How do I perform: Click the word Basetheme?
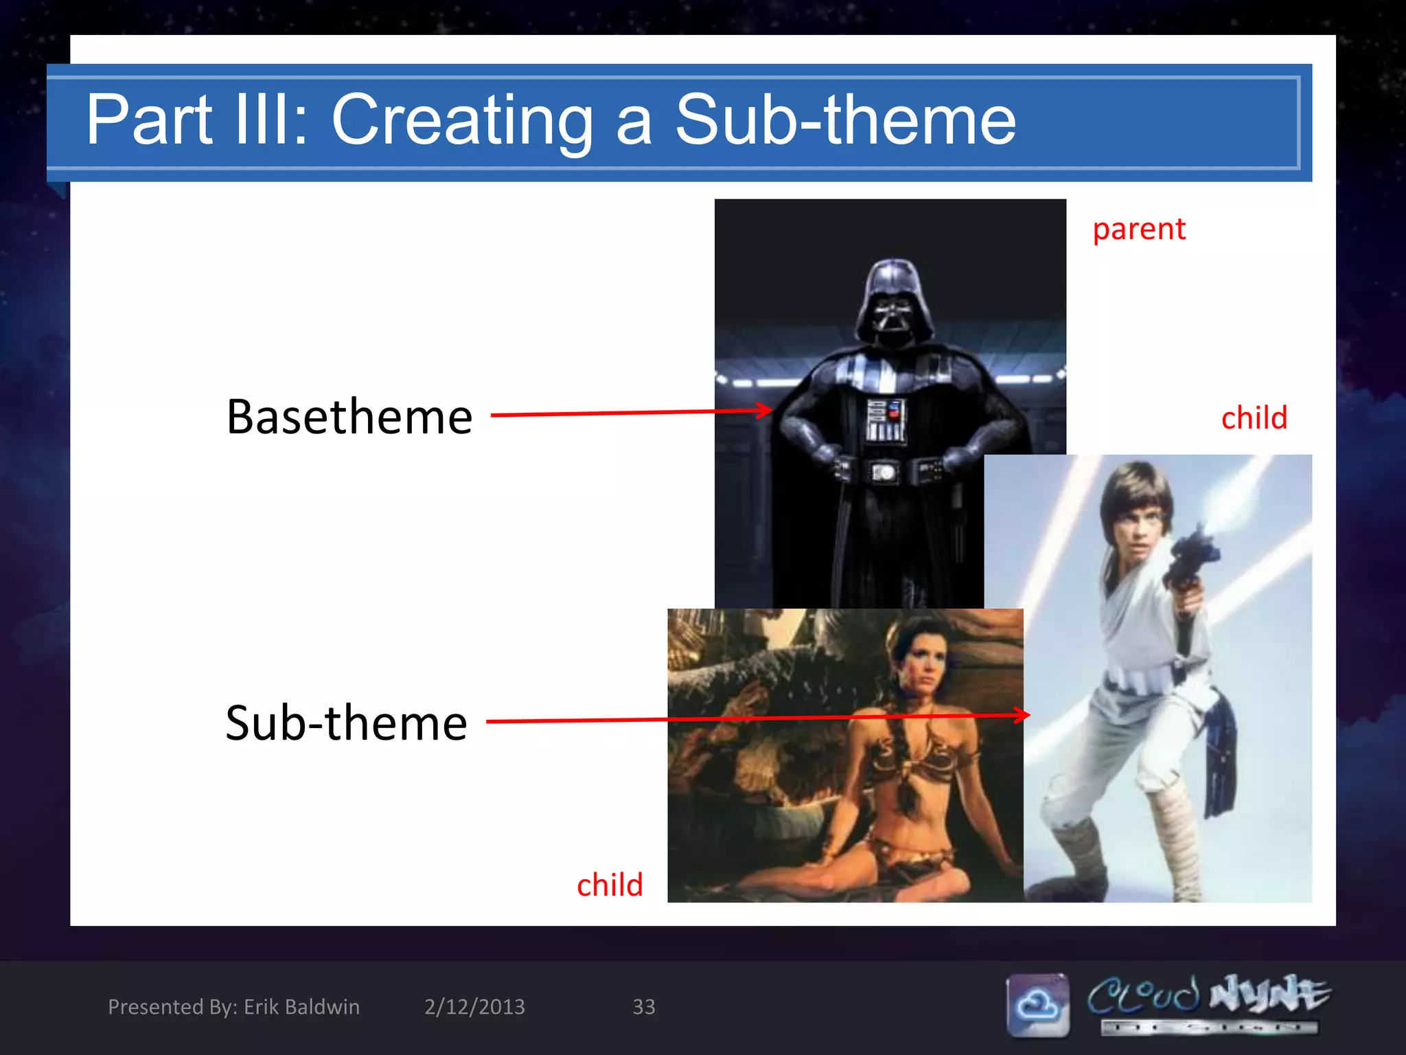point(349,417)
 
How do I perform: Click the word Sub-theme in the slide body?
point(346,723)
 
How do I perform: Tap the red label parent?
point(1139,229)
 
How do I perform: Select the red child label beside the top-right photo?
point(1254,418)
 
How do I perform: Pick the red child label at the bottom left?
point(610,885)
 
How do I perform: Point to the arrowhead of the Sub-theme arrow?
point(1023,715)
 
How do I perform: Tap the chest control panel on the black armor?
point(886,419)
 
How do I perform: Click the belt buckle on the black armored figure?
point(885,473)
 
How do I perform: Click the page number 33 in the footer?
point(643,1007)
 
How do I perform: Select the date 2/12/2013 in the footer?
point(474,1007)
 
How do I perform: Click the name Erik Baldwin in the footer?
point(301,1007)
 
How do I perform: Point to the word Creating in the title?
point(462,122)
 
